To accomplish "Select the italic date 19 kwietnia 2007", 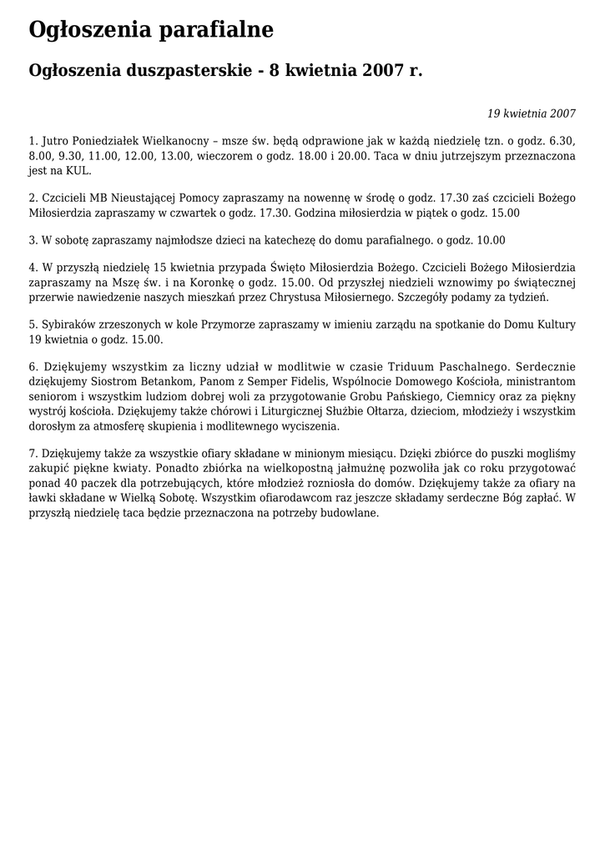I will (532, 113).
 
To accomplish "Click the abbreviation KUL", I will (77, 171).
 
